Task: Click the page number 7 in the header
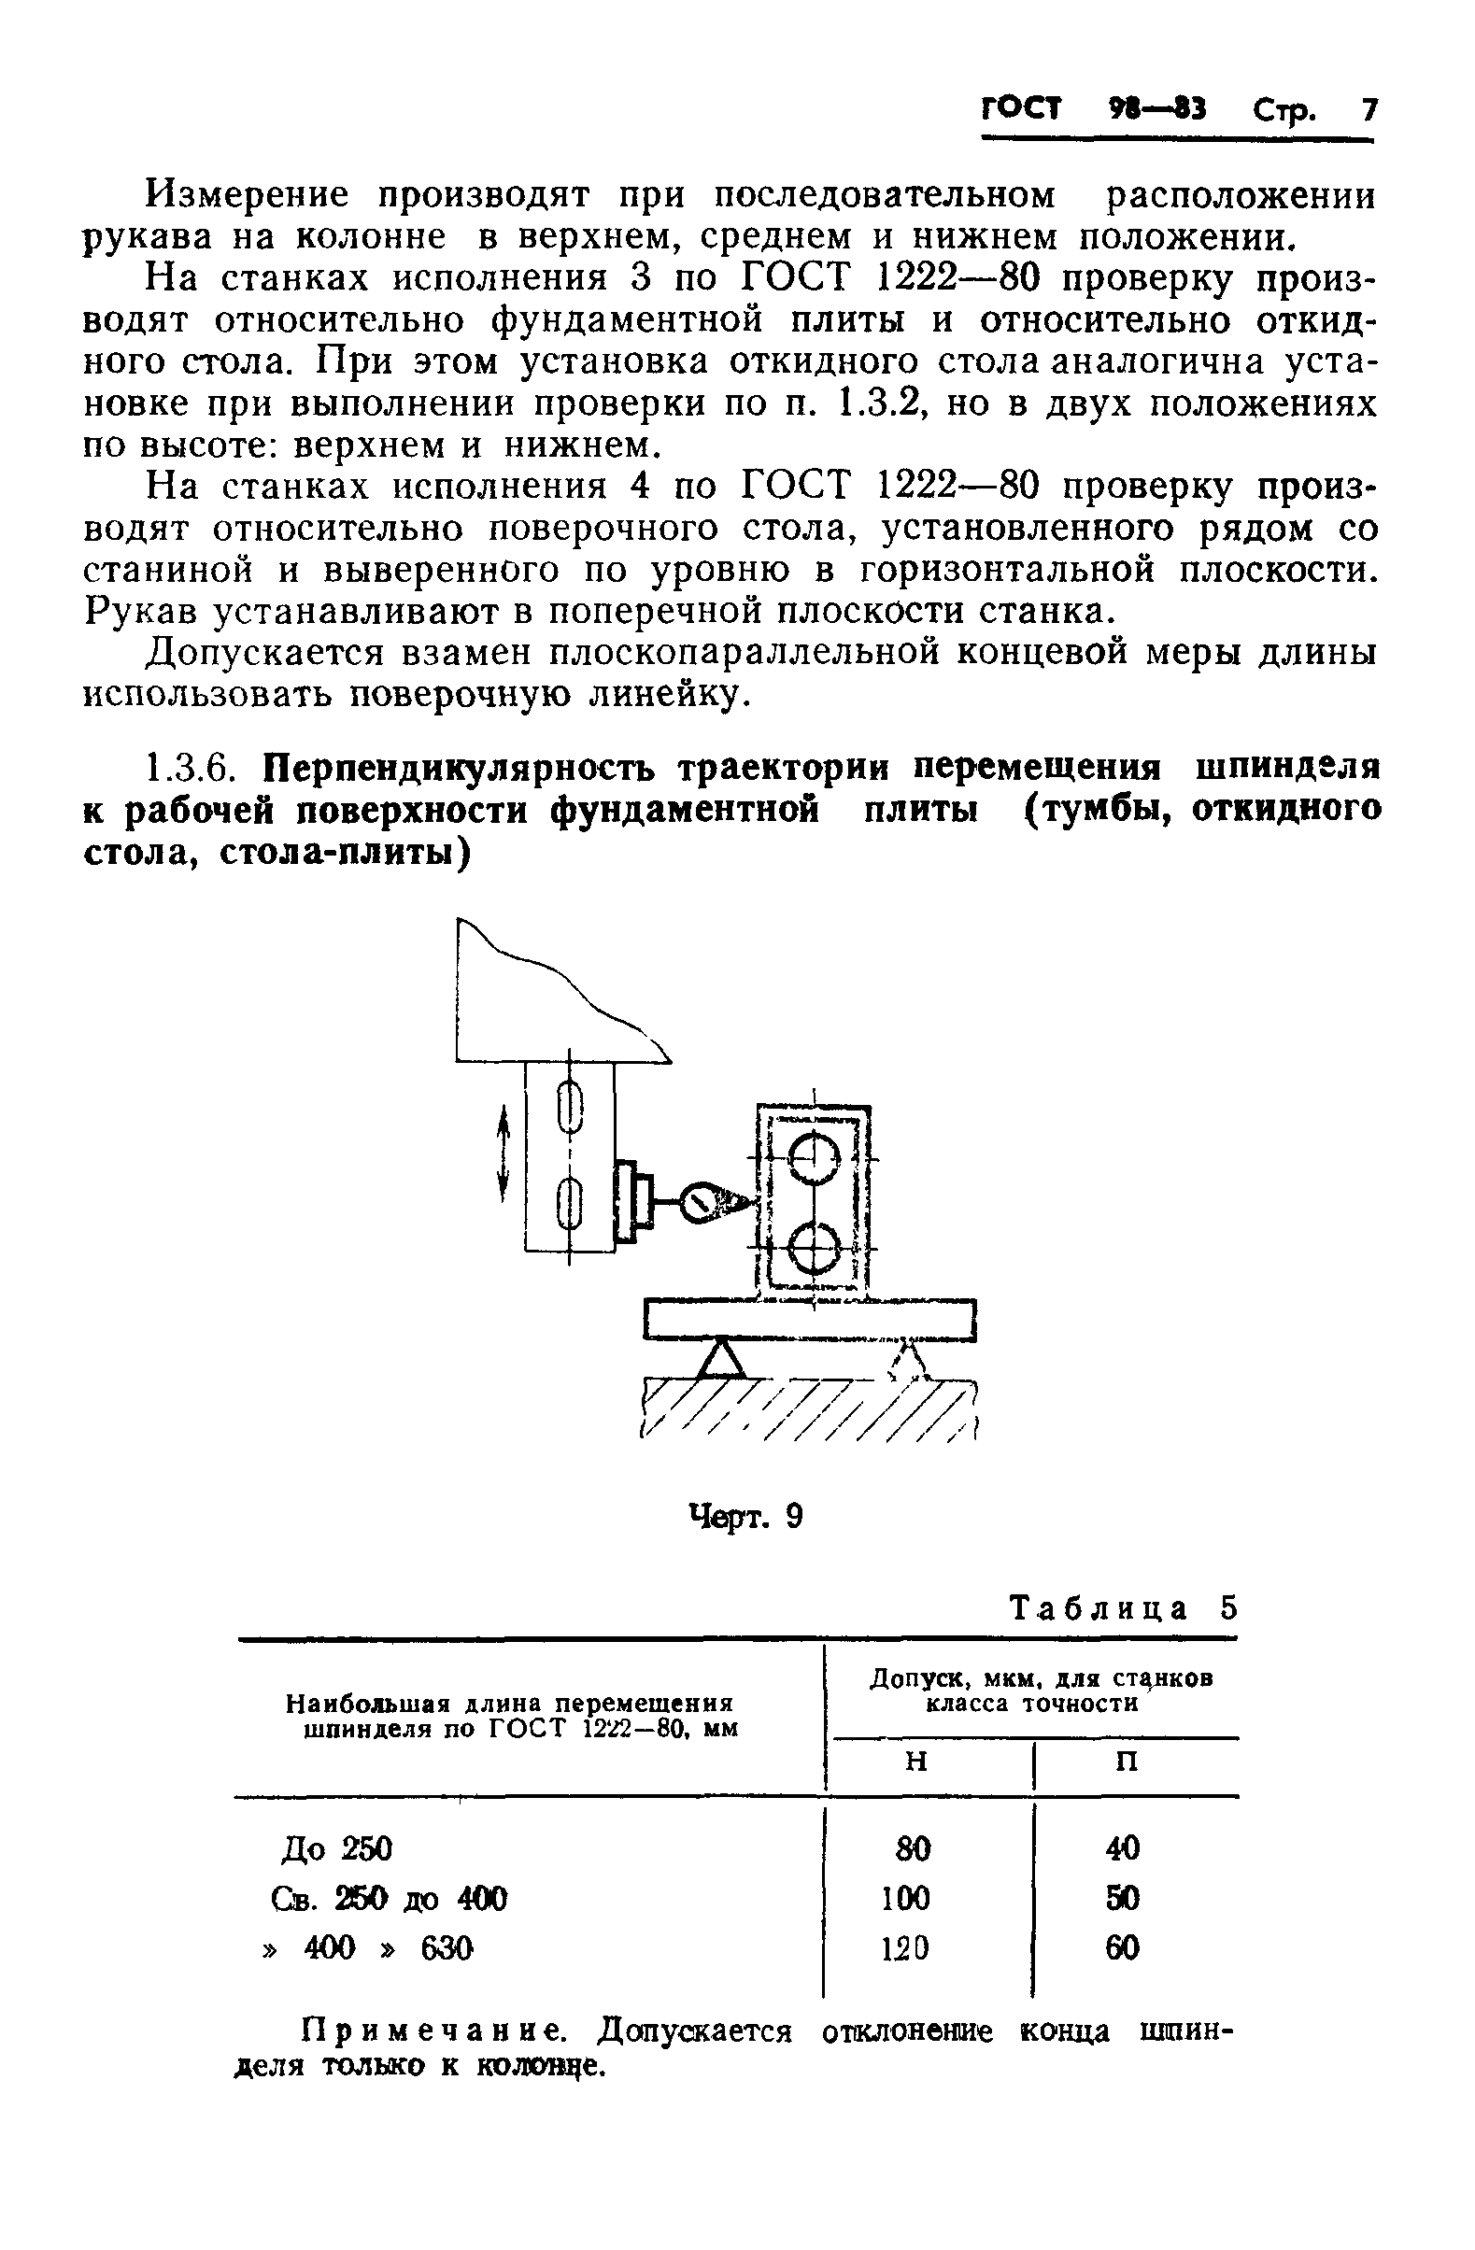point(1369,110)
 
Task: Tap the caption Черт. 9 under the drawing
point(745,1518)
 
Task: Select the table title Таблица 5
point(1123,1608)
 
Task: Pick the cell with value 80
point(914,1848)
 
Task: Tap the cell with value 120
point(906,1947)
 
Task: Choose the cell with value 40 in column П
point(1123,1848)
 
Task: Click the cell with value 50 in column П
point(1123,1897)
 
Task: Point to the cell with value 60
point(1123,1947)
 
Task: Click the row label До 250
point(336,1848)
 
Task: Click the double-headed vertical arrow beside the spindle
point(503,1155)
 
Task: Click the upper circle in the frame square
point(814,1159)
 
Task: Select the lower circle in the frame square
point(814,1247)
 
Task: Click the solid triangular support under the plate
point(721,1359)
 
